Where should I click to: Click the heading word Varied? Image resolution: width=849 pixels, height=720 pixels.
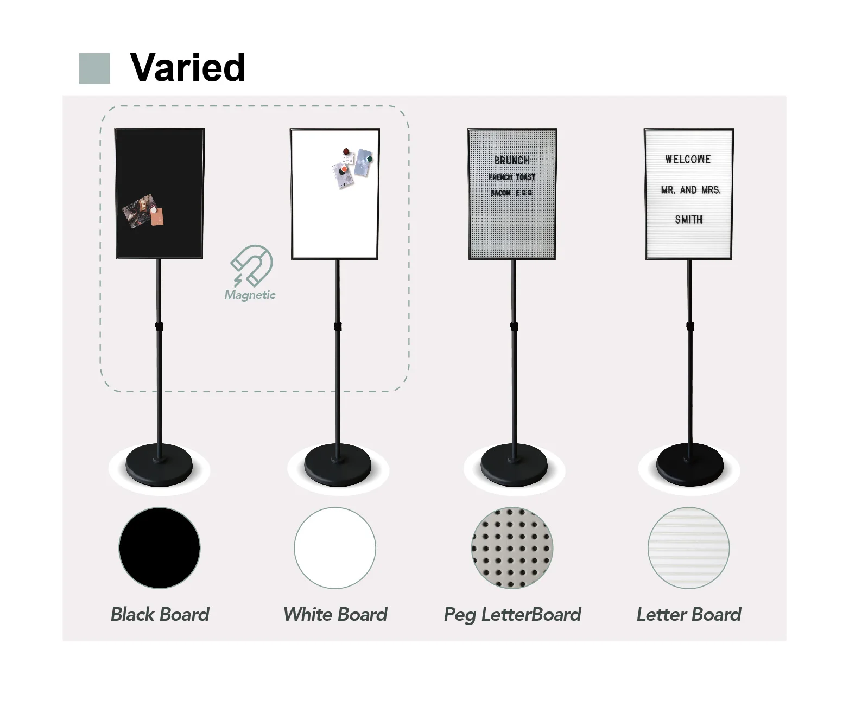[187, 67]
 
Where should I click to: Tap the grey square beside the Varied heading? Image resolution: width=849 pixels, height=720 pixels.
[94, 68]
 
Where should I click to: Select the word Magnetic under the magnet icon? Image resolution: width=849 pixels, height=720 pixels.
[250, 295]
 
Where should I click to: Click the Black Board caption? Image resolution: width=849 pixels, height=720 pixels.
[160, 615]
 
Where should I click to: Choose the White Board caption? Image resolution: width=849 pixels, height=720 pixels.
[335, 615]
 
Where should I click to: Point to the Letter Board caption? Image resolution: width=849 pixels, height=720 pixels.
[689, 615]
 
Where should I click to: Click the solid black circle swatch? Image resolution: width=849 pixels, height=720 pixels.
[160, 548]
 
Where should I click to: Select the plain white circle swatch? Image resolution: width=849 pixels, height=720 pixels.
[335, 548]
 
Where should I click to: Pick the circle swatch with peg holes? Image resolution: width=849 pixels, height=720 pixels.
[512, 548]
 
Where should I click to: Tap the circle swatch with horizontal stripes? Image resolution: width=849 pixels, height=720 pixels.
[689, 548]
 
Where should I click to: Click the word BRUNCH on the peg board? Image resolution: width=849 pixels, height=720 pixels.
[512, 160]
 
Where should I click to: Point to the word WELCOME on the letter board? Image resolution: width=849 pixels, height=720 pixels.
[688, 160]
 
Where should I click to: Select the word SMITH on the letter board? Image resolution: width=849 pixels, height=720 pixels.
[689, 220]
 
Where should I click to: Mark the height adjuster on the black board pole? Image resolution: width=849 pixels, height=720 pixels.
[159, 327]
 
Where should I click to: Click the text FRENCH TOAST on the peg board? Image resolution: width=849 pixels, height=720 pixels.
[512, 177]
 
